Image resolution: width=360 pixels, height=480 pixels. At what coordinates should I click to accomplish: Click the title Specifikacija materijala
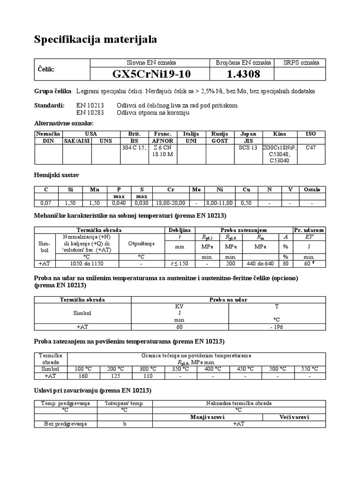click(96, 40)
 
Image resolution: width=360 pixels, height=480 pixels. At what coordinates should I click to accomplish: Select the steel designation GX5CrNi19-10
click(152, 75)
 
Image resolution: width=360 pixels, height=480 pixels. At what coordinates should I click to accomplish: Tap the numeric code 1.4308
click(243, 75)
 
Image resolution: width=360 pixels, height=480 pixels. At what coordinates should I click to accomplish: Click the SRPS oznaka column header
click(301, 62)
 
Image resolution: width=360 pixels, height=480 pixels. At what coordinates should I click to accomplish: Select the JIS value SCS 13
click(248, 147)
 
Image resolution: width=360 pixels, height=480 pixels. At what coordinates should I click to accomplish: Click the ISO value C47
click(311, 147)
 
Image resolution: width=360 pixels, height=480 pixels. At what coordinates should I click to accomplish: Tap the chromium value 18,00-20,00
click(170, 203)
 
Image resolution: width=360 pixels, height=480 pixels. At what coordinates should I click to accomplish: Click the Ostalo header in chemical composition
click(312, 189)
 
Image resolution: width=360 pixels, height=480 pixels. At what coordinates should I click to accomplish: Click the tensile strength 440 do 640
click(259, 263)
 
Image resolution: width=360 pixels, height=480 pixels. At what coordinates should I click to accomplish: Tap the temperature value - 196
click(276, 327)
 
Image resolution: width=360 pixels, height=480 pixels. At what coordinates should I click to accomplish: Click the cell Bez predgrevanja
click(66, 424)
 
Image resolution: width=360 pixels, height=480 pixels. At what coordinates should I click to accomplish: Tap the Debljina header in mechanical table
click(179, 230)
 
